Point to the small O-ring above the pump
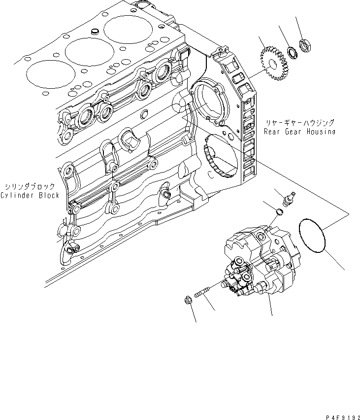(278, 212)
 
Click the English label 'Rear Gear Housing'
(299, 132)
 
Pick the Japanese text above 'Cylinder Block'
(31, 187)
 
